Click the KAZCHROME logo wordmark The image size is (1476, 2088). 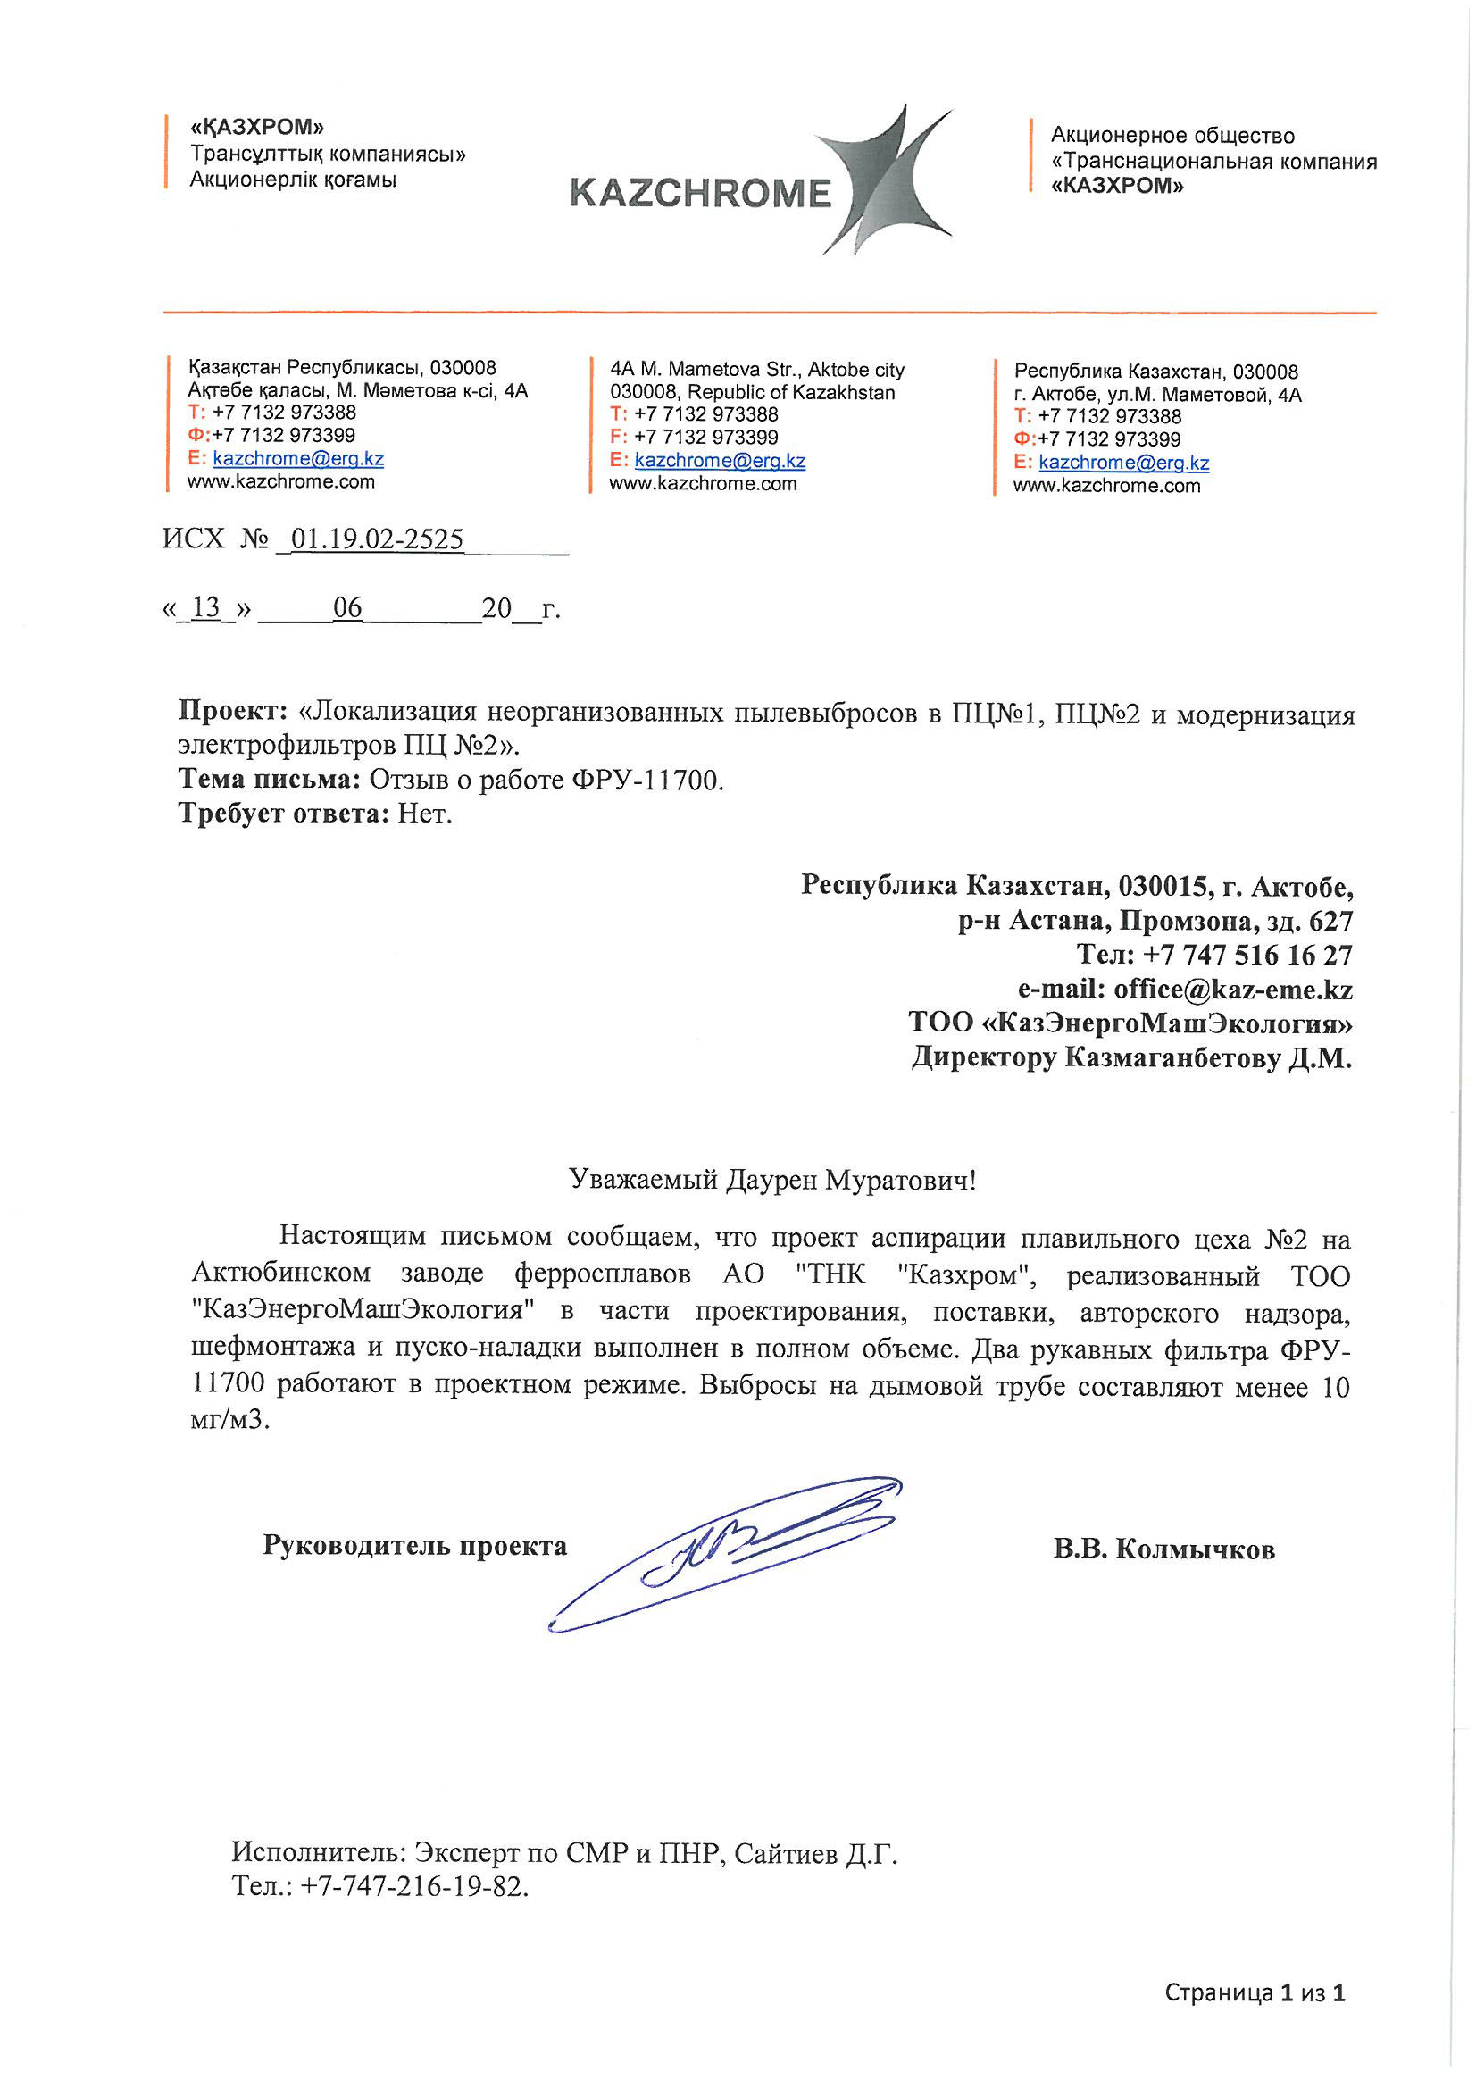700,194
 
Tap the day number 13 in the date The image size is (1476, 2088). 206,607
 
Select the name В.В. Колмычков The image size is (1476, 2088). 1163,1549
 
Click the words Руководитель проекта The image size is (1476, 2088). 414,1546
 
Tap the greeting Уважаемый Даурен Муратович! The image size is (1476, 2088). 772,1182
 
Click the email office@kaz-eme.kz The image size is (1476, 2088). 1232,990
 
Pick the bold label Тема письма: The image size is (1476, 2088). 270,780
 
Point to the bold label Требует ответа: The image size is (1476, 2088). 285,813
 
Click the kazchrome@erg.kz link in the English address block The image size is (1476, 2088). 720,461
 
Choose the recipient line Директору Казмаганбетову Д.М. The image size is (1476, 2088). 1131,1058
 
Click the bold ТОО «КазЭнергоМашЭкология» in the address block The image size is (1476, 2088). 1130,1023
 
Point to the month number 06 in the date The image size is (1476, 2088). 347,607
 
